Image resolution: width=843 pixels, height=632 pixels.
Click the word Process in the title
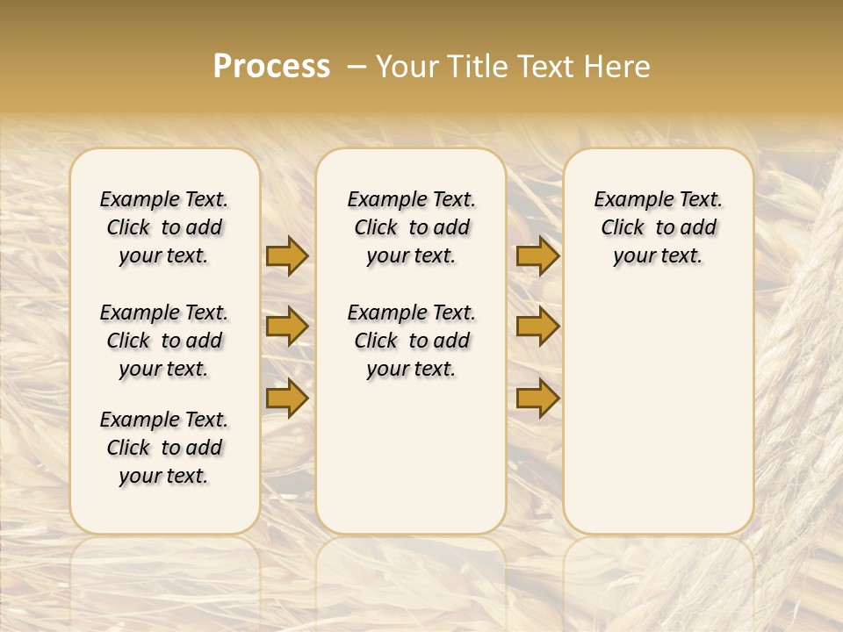coord(271,66)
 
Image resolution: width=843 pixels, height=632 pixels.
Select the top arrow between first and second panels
coord(287,255)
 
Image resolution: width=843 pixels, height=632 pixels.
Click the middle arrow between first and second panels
coord(287,327)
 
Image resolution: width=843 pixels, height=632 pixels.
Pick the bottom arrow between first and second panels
coord(287,399)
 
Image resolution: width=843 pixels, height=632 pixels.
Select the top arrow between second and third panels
coord(537,255)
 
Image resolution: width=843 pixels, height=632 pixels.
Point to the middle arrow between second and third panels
coord(537,327)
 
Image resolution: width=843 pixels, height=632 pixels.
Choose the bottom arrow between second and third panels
coord(537,399)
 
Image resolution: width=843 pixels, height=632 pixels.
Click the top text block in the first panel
coord(164,227)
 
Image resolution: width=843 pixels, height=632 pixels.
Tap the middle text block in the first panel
coord(164,341)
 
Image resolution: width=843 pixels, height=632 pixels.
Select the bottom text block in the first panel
coord(164,448)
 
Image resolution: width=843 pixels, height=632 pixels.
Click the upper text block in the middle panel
coord(411,227)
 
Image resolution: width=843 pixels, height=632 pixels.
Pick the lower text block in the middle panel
coord(411,341)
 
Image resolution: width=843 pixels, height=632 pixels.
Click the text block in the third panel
coord(658,227)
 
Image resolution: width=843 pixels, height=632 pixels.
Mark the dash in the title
coord(357,67)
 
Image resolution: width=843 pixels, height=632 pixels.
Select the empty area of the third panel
coord(658,404)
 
